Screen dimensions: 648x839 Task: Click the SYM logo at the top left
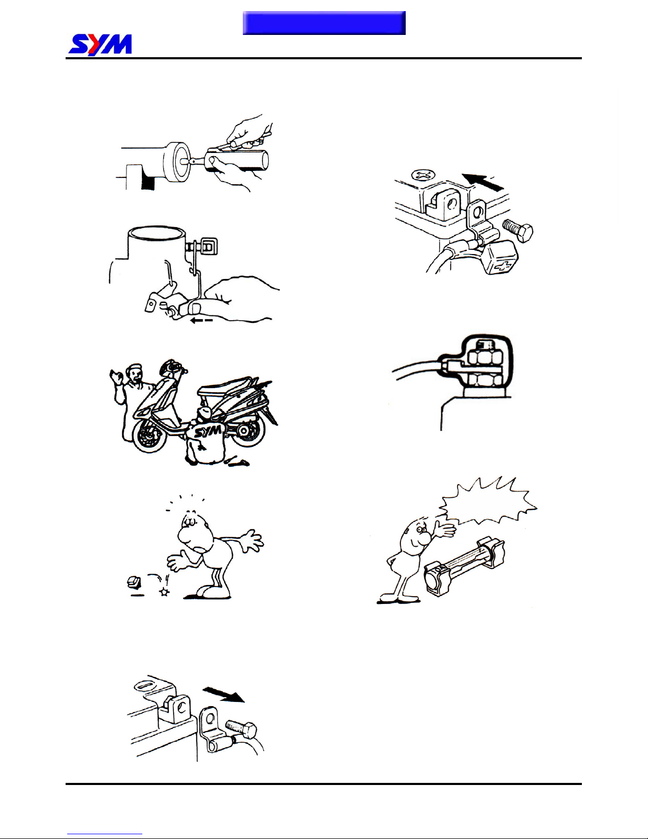pyautogui.click(x=100, y=45)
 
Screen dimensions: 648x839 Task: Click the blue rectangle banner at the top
pyautogui.click(x=324, y=23)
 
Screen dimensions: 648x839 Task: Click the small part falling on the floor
pyautogui.click(x=133, y=581)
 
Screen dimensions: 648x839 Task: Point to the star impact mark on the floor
pyautogui.click(x=165, y=591)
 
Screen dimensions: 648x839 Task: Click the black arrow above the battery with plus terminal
pyautogui.click(x=482, y=182)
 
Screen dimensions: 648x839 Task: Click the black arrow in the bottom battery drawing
pyautogui.click(x=223, y=694)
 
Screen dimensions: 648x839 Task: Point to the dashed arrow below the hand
pyautogui.click(x=202, y=320)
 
